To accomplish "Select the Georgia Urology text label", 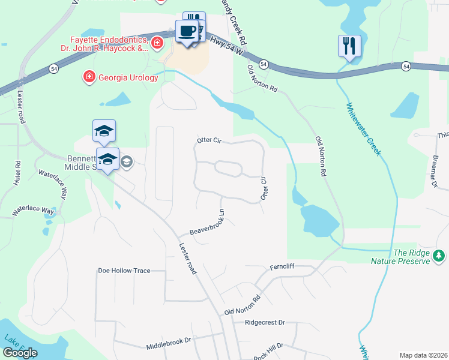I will coord(126,76).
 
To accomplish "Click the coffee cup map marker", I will coord(187,31).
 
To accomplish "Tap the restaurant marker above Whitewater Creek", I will coord(349,46).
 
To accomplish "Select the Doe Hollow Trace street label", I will coord(124,271).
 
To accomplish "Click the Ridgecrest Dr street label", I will coord(265,322).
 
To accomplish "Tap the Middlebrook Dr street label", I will coord(168,343).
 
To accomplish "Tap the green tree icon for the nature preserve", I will coord(439,256).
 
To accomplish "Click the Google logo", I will coord(20,353).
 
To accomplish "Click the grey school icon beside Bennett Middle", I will coord(127,161).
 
